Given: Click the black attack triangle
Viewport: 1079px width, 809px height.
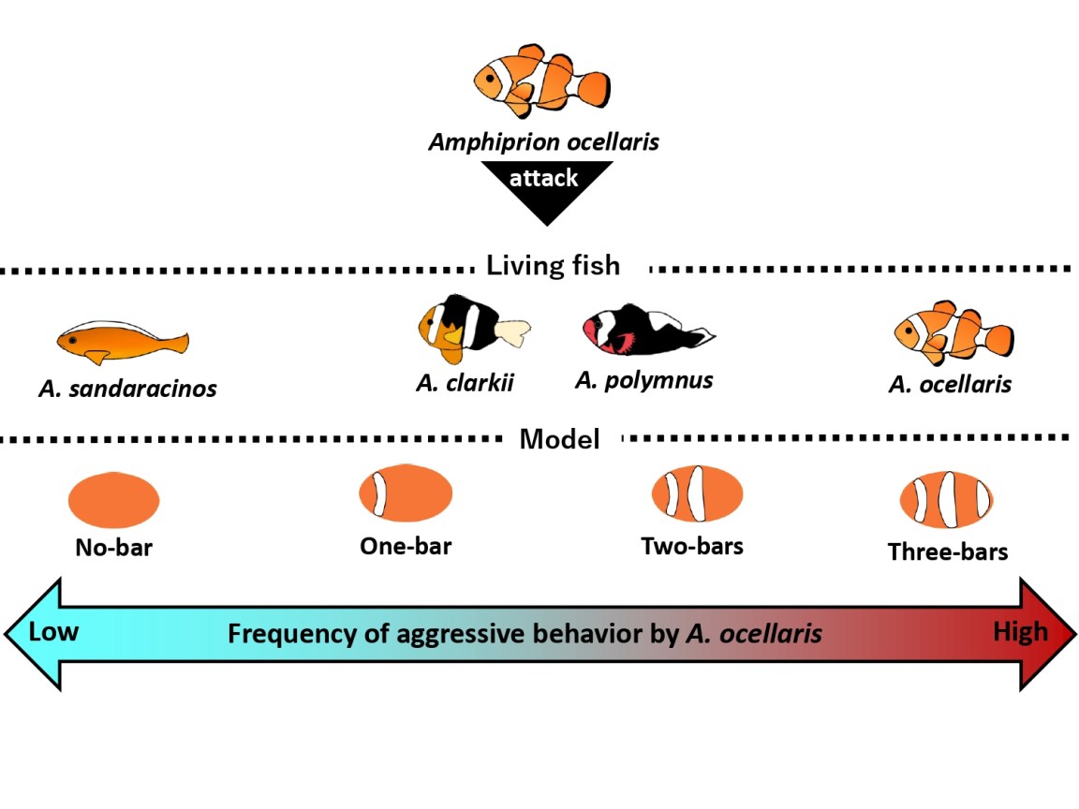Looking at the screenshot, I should pyautogui.click(x=545, y=188).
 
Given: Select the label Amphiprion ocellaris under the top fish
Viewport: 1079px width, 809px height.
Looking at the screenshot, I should pyautogui.click(x=544, y=142).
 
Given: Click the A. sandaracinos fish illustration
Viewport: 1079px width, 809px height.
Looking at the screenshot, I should pyautogui.click(x=122, y=342).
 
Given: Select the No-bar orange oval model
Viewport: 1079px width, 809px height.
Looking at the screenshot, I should pyautogui.click(x=113, y=500).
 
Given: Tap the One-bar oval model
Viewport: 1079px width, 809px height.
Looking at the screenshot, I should pyautogui.click(x=406, y=493).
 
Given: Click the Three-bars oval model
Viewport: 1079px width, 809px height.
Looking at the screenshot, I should pyautogui.click(x=947, y=499).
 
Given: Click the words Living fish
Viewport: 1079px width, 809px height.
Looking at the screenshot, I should pyautogui.click(x=553, y=266).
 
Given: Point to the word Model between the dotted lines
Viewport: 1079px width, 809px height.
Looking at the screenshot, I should pyautogui.click(x=559, y=438).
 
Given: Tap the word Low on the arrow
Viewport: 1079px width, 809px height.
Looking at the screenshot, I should pyautogui.click(x=54, y=632).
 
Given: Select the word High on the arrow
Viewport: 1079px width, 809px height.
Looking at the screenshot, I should pyautogui.click(x=1020, y=632).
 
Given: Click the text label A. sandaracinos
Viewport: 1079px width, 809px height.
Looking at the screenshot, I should pyautogui.click(x=127, y=388).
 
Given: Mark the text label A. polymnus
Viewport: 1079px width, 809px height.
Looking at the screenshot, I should pyautogui.click(x=643, y=380).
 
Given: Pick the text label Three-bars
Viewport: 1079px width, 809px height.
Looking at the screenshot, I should pyautogui.click(x=948, y=552).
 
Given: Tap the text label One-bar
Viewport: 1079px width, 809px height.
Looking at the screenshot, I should pyautogui.click(x=406, y=546).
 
